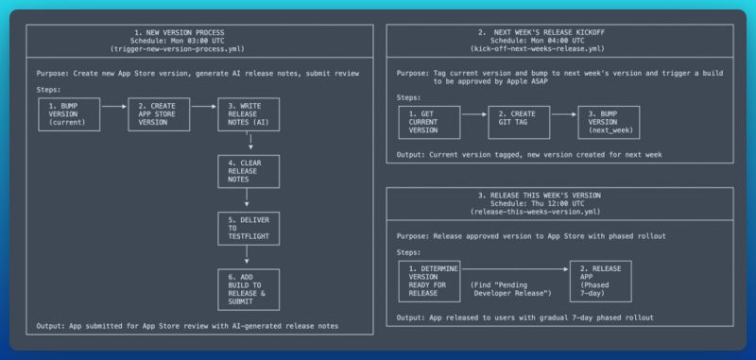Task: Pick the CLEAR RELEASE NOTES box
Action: [x=246, y=174]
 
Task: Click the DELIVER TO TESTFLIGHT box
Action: [x=246, y=227]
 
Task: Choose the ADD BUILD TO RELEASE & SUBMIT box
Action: [x=246, y=287]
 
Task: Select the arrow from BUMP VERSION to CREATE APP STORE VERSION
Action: [x=112, y=108]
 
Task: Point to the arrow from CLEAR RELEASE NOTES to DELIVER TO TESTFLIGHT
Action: [x=247, y=200]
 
